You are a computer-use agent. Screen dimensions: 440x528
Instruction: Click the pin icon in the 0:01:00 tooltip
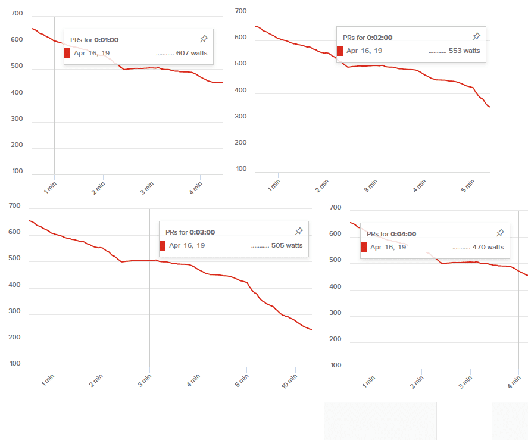pyautogui.click(x=204, y=39)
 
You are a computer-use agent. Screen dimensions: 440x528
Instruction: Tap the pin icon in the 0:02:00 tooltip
pyautogui.click(x=476, y=36)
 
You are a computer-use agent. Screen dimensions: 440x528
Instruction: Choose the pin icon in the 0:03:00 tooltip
pyautogui.click(x=299, y=231)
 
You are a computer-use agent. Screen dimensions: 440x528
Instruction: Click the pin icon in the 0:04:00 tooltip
pyautogui.click(x=500, y=233)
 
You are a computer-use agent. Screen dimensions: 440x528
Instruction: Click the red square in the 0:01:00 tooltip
pyautogui.click(x=67, y=53)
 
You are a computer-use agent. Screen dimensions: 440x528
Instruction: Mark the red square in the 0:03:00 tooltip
pyautogui.click(x=163, y=245)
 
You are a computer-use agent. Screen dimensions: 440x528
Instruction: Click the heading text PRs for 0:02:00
pyautogui.click(x=367, y=38)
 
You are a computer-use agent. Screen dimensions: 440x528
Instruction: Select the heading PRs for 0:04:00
pyautogui.click(x=391, y=234)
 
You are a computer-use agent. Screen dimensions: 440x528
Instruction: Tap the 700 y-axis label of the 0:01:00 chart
pyautogui.click(x=16, y=14)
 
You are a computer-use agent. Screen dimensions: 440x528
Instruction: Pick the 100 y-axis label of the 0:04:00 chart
pyautogui.click(x=336, y=365)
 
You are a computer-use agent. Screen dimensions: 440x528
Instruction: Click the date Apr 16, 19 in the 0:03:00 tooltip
pyautogui.click(x=187, y=245)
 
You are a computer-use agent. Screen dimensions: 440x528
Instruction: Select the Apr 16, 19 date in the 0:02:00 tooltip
pyautogui.click(x=364, y=51)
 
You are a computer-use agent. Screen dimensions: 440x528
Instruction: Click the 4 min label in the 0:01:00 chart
pyautogui.click(x=195, y=187)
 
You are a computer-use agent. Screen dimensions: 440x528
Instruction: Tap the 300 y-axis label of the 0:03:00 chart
pyautogui.click(x=15, y=311)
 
